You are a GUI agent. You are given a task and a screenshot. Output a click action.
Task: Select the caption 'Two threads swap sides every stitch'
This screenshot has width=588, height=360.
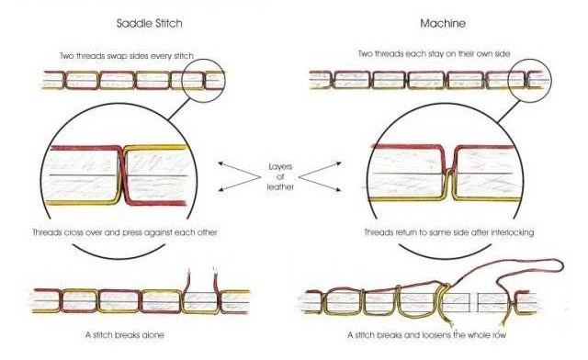click(x=138, y=54)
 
